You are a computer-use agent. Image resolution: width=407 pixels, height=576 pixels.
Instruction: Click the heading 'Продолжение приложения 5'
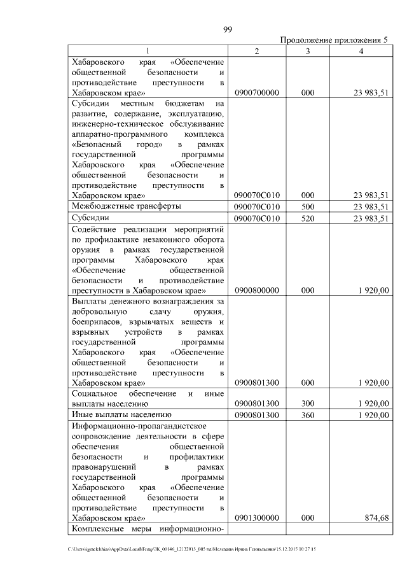click(x=334, y=40)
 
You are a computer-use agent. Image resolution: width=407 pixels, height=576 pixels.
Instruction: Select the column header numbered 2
click(x=256, y=52)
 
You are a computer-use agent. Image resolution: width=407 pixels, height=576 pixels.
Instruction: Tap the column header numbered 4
click(x=361, y=52)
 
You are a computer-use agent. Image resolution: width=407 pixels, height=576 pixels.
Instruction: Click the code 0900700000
click(x=256, y=93)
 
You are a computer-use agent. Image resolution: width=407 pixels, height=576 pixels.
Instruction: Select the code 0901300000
click(x=256, y=519)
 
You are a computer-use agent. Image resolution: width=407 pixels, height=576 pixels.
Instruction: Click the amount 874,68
click(x=376, y=519)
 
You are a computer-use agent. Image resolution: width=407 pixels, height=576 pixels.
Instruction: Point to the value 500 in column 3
click(x=308, y=207)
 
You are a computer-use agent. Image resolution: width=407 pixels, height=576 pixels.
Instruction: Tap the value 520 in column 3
click(x=308, y=219)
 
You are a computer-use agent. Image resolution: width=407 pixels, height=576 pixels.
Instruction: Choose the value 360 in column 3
click(x=308, y=416)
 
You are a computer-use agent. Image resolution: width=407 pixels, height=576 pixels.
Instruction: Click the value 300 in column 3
click(x=308, y=404)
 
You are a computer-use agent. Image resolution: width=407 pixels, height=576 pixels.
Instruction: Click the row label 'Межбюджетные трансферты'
click(x=126, y=207)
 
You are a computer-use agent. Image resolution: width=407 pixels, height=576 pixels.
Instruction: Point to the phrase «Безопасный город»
click(x=118, y=146)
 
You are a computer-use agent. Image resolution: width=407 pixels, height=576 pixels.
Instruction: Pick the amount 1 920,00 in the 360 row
click(x=373, y=416)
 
